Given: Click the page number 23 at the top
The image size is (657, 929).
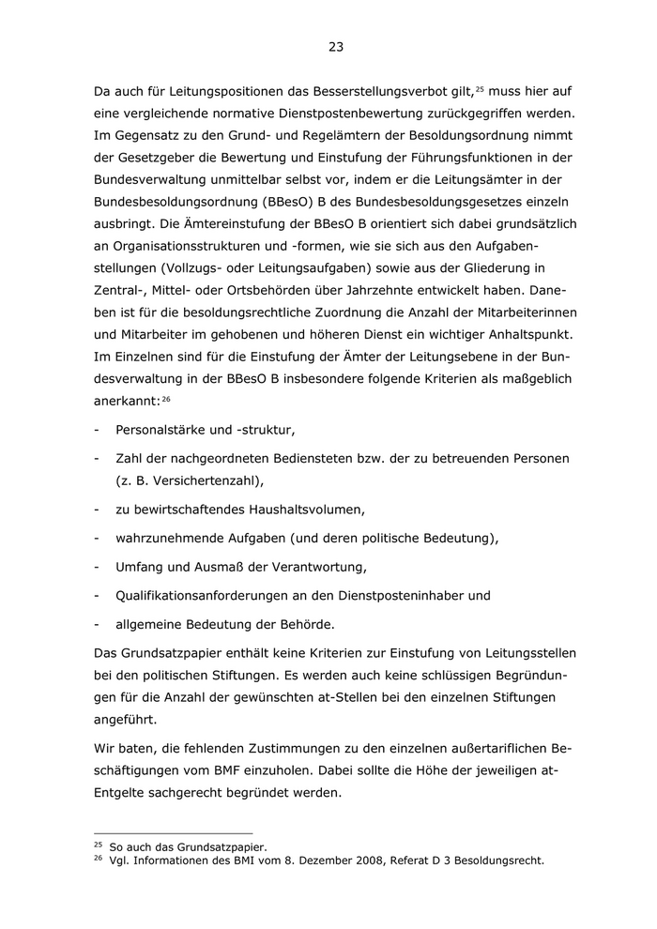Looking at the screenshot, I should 336,47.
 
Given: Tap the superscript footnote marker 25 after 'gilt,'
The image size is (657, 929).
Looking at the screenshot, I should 479,88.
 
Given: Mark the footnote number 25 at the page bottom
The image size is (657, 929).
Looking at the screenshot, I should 98,846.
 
